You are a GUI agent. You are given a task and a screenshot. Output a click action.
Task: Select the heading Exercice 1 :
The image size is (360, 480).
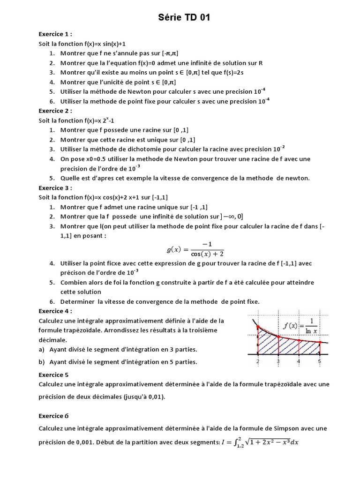click(x=55, y=34)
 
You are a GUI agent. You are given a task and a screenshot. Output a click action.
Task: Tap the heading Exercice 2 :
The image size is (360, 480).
click(x=55, y=111)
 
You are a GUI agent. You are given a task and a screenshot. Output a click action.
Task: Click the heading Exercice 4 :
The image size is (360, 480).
click(x=55, y=311)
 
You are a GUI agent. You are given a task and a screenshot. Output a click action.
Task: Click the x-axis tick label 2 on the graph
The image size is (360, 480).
click(x=258, y=361)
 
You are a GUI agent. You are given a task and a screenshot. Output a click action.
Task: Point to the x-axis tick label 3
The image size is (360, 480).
click(x=278, y=361)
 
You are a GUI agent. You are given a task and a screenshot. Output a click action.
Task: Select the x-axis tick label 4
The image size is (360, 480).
click(x=299, y=361)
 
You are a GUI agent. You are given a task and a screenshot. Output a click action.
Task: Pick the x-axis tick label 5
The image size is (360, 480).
click(x=319, y=361)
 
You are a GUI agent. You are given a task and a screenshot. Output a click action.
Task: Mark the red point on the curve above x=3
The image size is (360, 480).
click(x=278, y=337)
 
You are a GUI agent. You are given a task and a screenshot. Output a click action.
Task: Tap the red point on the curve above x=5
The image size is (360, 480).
click(x=320, y=343)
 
